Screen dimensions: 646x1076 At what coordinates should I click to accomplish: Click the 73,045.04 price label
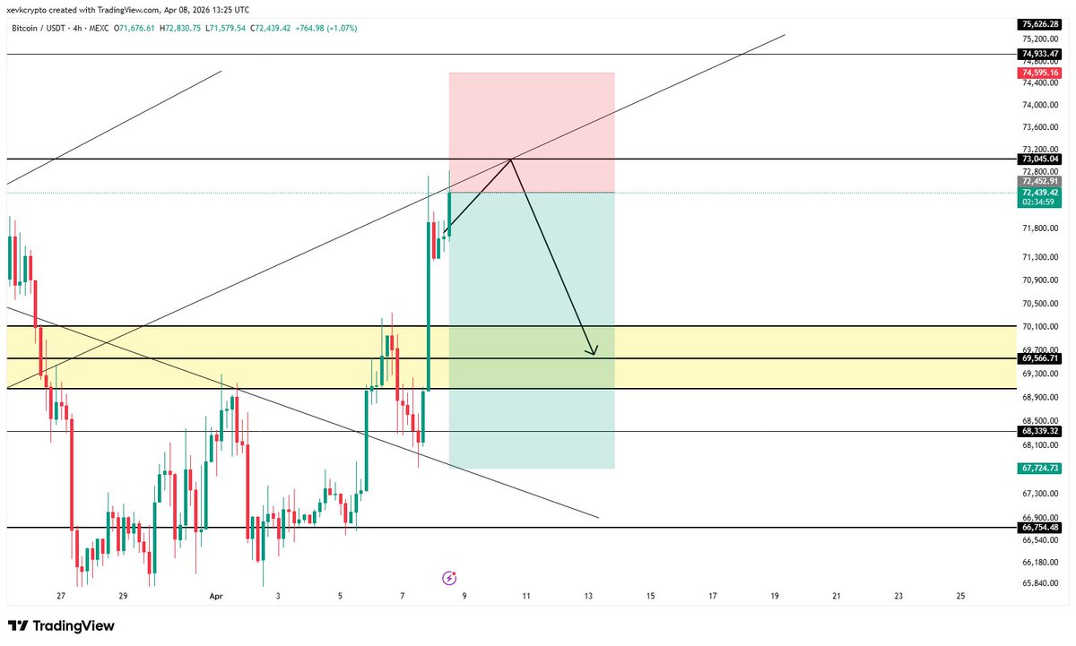point(1040,159)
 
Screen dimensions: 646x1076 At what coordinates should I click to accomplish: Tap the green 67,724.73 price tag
point(1040,468)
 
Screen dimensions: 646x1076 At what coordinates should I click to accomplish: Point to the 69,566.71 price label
point(1040,358)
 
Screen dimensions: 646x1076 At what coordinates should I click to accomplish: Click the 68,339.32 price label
point(1040,431)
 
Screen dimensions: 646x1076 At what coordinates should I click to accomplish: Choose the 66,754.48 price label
point(1040,528)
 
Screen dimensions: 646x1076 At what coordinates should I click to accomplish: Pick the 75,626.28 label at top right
point(1040,24)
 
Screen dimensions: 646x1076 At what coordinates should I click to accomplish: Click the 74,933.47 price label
point(1040,55)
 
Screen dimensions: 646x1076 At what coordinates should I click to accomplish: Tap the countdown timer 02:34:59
point(1040,202)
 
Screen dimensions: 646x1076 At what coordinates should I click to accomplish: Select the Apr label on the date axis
point(215,596)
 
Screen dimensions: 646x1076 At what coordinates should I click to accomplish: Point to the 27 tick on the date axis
point(60,596)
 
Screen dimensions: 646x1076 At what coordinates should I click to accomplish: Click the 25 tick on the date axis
point(960,596)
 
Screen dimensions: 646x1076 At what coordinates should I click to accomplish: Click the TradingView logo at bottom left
point(61,625)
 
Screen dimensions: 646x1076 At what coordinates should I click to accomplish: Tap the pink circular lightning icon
point(450,578)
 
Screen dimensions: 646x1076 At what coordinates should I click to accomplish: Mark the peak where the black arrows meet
point(511,159)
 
